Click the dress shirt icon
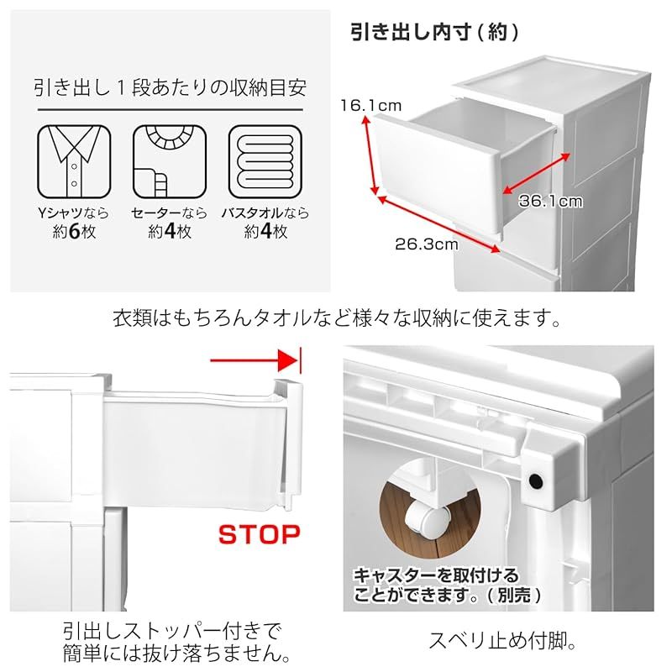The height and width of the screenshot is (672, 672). [74, 161]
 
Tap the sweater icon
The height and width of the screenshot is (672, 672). [170, 161]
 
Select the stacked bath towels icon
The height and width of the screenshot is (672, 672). [265, 161]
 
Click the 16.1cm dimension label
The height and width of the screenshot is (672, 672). [370, 106]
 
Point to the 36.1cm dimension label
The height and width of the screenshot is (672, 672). [551, 201]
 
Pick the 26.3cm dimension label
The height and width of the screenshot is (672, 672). [427, 244]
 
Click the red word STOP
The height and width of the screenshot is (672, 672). [260, 535]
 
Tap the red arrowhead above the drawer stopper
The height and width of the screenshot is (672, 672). [287, 360]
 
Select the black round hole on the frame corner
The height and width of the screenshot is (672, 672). [535, 480]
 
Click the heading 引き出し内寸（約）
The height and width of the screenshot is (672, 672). [434, 32]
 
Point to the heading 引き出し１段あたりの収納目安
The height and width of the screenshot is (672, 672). [171, 87]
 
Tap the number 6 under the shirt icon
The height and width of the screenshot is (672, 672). [74, 232]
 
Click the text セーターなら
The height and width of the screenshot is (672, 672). [170, 213]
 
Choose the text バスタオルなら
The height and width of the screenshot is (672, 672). [265, 213]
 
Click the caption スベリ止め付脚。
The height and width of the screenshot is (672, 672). [502, 640]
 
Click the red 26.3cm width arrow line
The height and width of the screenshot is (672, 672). [438, 223]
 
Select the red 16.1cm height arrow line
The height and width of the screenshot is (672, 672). [371, 155]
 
